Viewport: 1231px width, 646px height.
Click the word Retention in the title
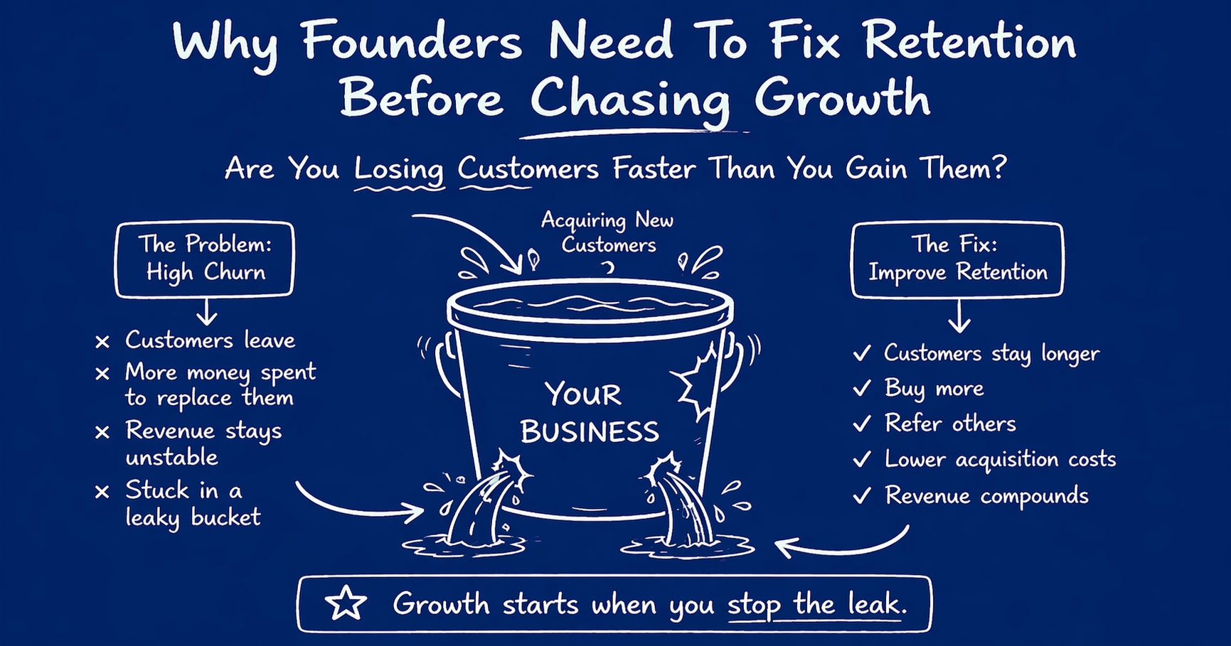pos(970,43)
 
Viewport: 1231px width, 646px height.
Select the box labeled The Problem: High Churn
pos(205,259)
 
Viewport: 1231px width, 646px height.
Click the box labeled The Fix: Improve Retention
pos(957,259)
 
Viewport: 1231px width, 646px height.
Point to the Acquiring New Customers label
pos(607,232)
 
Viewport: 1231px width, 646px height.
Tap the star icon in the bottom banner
pos(346,603)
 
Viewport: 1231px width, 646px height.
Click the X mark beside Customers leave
pos(102,342)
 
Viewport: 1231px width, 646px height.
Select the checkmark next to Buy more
pos(862,388)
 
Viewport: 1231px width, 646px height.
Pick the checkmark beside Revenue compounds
pos(862,495)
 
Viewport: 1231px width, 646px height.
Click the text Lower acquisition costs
pos(1000,459)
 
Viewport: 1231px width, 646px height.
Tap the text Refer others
pos(950,424)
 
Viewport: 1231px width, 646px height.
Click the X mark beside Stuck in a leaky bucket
pos(102,492)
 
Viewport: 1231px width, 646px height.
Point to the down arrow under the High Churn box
pos(206,311)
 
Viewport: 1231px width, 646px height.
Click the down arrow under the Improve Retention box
pos(959,316)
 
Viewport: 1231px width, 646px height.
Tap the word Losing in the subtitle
pos(399,169)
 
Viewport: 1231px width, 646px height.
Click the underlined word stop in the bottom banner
pos(754,605)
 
